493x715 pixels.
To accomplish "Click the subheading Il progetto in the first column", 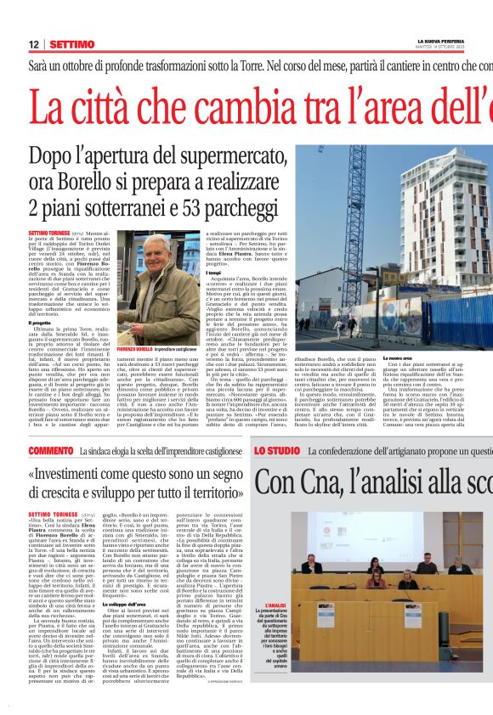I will [x=40, y=323].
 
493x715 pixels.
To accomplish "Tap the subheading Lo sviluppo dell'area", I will [x=149, y=579].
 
